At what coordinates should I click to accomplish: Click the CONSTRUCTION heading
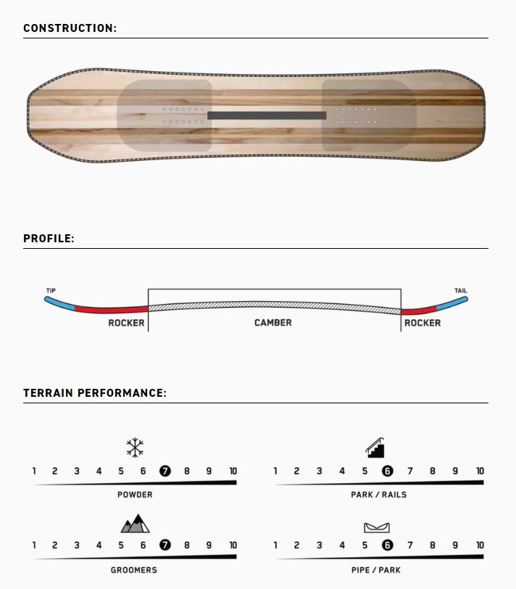click(x=70, y=28)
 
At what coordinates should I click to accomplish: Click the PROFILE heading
click(x=49, y=239)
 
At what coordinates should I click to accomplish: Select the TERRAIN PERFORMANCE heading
click(x=95, y=393)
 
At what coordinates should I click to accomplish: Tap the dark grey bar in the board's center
click(x=267, y=115)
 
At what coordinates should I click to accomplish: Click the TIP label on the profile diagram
click(x=51, y=290)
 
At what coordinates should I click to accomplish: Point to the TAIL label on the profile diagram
click(x=461, y=290)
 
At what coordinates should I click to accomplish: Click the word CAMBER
click(x=272, y=323)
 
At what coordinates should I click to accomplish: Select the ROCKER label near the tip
click(x=126, y=323)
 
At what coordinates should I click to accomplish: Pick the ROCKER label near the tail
click(x=423, y=323)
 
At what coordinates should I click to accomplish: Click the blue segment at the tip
click(x=59, y=303)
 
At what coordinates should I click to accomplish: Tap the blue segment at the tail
click(x=452, y=302)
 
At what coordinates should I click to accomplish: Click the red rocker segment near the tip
click(x=112, y=310)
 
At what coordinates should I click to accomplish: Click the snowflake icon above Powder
click(x=135, y=448)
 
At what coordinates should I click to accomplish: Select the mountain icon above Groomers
click(x=135, y=524)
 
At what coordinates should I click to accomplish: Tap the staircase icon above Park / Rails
click(x=375, y=448)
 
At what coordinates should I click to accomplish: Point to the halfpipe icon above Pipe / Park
click(x=377, y=528)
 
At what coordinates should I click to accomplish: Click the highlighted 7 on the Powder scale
click(x=165, y=471)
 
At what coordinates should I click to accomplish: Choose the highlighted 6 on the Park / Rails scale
click(x=387, y=471)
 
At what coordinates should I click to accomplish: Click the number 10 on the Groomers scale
click(x=233, y=545)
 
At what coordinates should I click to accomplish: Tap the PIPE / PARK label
click(x=376, y=570)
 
